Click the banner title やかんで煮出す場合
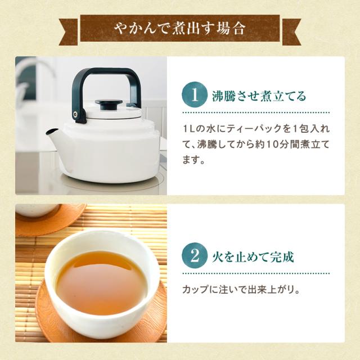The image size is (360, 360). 180,29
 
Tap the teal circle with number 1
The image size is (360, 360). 195,95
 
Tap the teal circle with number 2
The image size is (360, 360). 195,256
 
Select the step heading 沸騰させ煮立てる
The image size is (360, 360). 259,96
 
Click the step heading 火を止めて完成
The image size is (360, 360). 253,256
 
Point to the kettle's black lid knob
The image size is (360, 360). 109,104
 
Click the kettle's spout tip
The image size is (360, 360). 50,132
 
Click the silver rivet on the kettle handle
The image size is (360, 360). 75,114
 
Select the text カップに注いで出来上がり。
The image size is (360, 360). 241,290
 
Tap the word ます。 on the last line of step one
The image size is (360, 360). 193,160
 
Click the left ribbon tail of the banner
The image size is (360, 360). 69,31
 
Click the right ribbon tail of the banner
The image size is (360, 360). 291,31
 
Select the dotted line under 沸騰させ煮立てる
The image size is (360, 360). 256,112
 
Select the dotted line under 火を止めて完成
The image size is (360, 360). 256,273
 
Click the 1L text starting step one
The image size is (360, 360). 188,129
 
